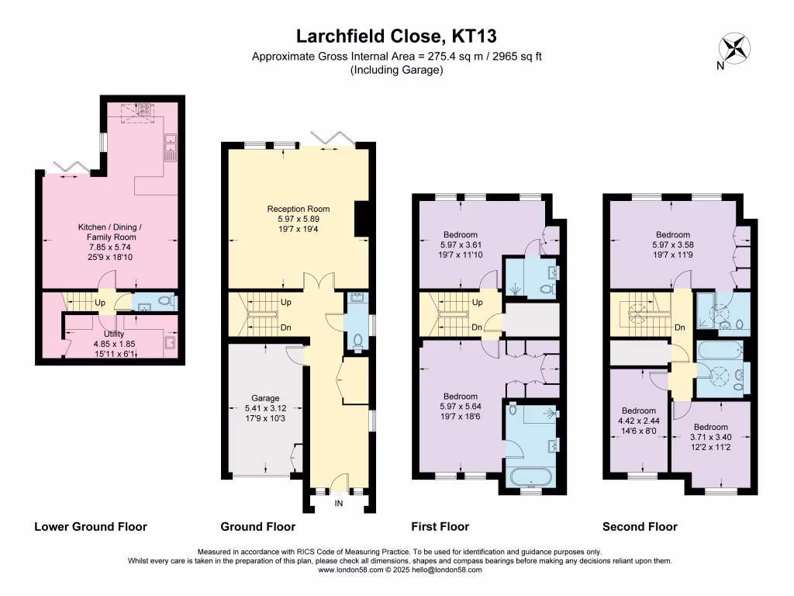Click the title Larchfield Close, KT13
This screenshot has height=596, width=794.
pos(396,36)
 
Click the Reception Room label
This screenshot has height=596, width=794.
pos(298,209)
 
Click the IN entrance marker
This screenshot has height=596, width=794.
pos(338,504)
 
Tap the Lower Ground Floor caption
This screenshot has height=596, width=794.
pos(91,527)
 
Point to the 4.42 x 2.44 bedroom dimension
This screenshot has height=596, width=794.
pos(639,421)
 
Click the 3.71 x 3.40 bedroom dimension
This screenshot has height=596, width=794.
pos(710,437)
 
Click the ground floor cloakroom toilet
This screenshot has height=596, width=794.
pos(356,339)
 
